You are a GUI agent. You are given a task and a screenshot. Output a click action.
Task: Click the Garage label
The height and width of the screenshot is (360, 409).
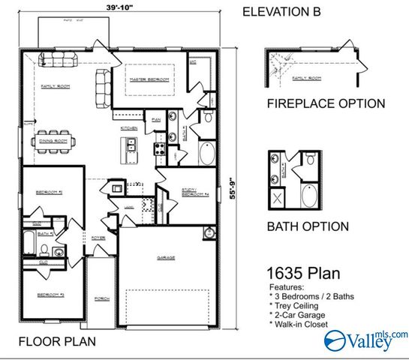pos(166,258)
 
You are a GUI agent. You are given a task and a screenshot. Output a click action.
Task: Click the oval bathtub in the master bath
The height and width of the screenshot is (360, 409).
pos(206,154)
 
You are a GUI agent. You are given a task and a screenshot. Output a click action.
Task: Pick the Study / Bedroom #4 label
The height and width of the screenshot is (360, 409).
pos(194,193)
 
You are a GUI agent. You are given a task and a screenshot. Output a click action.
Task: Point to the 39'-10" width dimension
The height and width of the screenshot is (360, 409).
pos(120,7)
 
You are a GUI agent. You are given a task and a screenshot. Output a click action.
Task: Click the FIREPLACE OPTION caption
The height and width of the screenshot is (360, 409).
pos(325,104)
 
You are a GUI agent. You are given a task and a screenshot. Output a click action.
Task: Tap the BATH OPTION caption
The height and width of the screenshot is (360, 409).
pos(308,226)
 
